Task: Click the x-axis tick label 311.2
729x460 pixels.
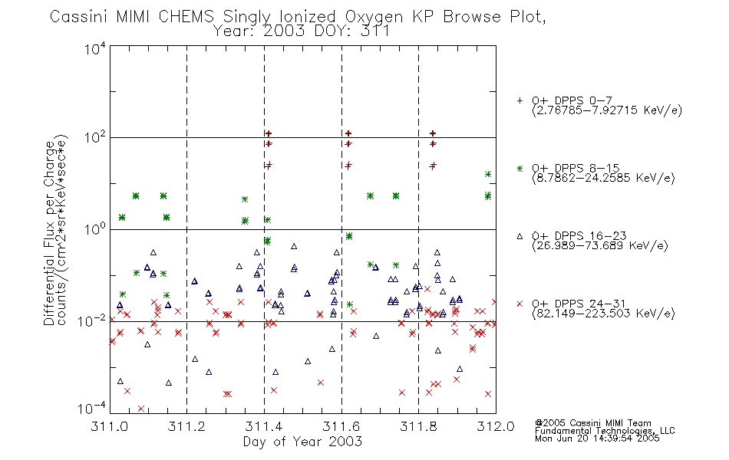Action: click(x=187, y=426)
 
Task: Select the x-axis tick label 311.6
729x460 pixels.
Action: click(x=341, y=426)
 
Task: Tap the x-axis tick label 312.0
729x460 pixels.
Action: click(x=496, y=426)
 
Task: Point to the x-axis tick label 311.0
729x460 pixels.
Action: click(x=110, y=426)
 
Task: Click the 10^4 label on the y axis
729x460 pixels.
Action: click(x=95, y=48)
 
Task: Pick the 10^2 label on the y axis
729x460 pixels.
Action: click(x=95, y=137)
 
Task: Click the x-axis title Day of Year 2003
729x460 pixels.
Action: click(x=302, y=442)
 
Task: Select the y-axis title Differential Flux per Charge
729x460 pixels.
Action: click(x=49, y=233)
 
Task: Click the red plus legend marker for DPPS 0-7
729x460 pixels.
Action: click(x=520, y=100)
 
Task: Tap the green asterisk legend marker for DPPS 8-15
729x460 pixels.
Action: click(x=520, y=168)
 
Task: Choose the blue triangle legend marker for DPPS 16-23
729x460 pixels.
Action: click(x=520, y=236)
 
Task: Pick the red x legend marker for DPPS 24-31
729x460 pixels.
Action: click(x=520, y=304)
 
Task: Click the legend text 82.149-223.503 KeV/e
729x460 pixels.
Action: click(x=603, y=314)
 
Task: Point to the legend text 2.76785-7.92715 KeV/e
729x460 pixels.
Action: click(x=607, y=110)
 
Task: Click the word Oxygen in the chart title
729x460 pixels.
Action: click(x=374, y=17)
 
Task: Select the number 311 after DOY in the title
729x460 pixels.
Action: click(x=377, y=31)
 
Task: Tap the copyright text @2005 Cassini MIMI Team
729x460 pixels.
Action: click(x=592, y=423)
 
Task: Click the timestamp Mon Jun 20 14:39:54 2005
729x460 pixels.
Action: click(x=597, y=439)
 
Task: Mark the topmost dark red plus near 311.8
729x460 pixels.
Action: click(x=433, y=133)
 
